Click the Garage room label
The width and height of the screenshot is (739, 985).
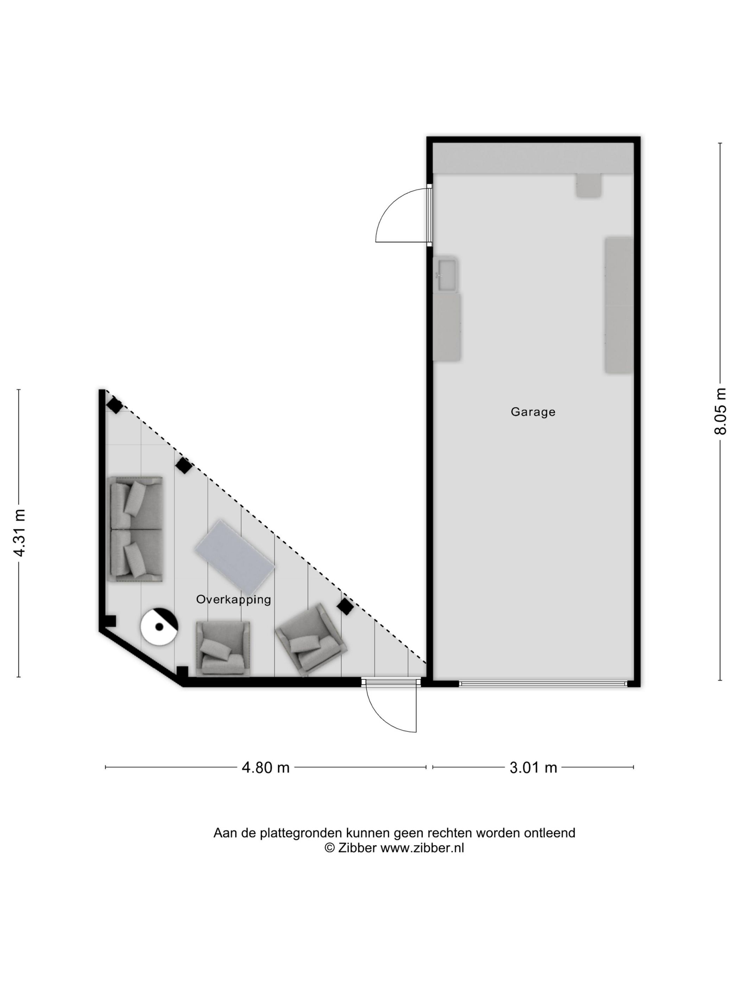(x=533, y=412)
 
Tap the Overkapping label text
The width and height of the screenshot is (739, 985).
(x=233, y=599)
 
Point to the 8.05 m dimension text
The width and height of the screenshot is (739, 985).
(x=720, y=411)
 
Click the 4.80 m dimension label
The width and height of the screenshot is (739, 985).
(x=265, y=767)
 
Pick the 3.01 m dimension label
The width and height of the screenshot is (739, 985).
(x=533, y=767)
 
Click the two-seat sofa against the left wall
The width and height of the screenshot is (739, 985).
(x=136, y=529)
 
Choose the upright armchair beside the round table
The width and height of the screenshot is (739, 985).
(x=223, y=648)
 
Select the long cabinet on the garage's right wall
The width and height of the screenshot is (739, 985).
(x=618, y=305)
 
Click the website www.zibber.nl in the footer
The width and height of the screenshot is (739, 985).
(x=422, y=848)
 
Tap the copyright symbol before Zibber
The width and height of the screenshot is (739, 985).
(x=329, y=848)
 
